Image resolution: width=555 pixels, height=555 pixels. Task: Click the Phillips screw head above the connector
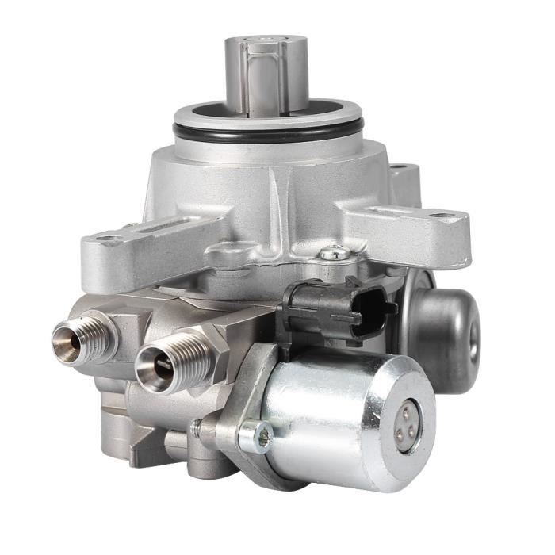coord(334,254)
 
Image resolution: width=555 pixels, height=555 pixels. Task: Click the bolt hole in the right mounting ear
coord(442,215)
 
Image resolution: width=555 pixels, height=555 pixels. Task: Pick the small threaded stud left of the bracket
coord(197,427)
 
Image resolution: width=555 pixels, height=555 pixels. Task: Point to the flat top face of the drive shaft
coord(266,40)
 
